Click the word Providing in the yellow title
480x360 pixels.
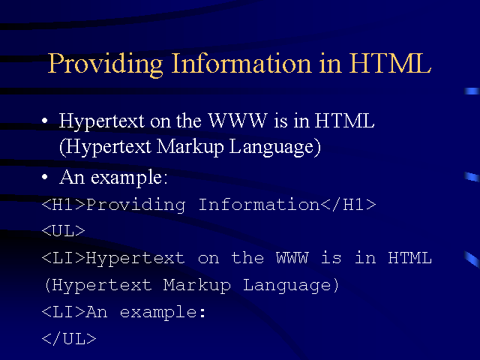point(105,64)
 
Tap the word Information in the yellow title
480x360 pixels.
point(241,63)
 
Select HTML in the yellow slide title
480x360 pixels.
point(390,63)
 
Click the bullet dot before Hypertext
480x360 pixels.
point(45,121)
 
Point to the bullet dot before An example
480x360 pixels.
point(45,177)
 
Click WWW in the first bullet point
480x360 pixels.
point(238,120)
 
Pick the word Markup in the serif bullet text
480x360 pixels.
point(190,147)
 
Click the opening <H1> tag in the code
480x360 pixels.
point(63,205)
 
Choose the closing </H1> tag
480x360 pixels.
point(349,205)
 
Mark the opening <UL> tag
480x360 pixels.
point(63,231)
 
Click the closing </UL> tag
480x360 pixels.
point(69,339)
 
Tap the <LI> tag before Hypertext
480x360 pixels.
point(63,258)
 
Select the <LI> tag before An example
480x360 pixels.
point(63,312)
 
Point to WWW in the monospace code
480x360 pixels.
point(292,258)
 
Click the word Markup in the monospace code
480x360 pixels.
point(196,286)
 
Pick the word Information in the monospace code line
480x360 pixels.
point(259,205)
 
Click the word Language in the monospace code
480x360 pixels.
point(286,286)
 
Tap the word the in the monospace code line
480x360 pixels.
point(247,258)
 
